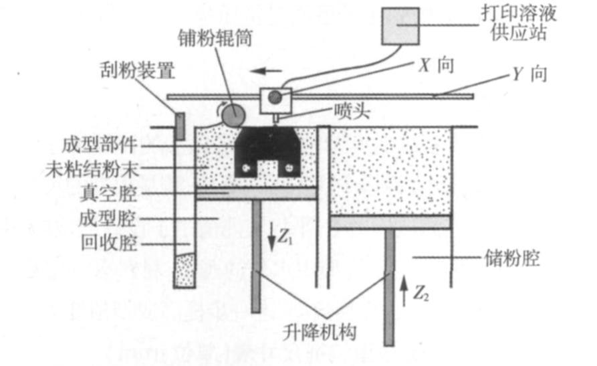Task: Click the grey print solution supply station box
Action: pyautogui.click(x=400, y=26)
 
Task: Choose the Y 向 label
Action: pyautogui.click(x=529, y=74)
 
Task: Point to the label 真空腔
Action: pyautogui.click(x=116, y=195)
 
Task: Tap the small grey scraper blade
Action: pyautogui.click(x=180, y=126)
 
